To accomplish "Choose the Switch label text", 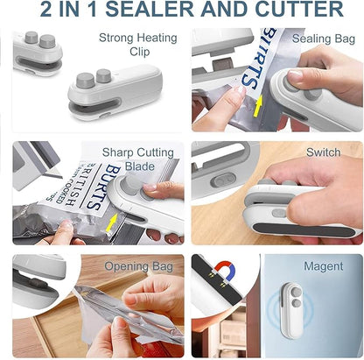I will [323, 152].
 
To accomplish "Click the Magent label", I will [323, 265].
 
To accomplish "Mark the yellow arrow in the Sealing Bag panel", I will [257, 107].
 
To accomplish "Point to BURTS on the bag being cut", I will [103, 178].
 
